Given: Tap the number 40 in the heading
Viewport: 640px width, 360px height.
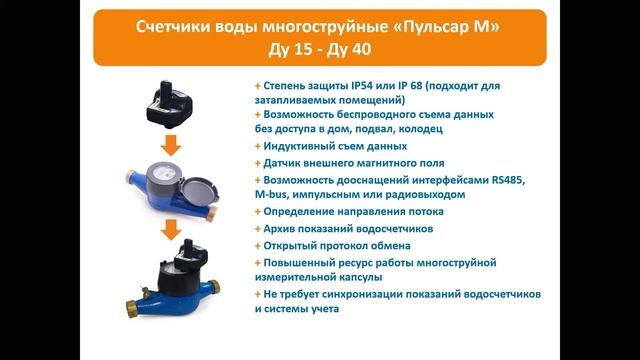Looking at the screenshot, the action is pos(361,49).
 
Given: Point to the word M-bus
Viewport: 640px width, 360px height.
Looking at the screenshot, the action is pos(270,194).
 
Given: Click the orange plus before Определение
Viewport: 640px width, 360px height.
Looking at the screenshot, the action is pos(258,211).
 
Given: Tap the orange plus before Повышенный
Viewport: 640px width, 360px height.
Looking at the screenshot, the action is pos(258,263).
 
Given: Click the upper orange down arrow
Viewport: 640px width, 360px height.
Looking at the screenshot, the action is pos(171,145).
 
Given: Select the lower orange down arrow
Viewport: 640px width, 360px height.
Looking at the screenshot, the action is pos(171,230).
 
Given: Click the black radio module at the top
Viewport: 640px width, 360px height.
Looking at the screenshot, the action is pos(169,103).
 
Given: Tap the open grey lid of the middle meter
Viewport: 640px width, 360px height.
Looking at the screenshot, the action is pos(198,191).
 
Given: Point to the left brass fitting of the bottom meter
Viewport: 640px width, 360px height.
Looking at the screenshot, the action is pos(133,309).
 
